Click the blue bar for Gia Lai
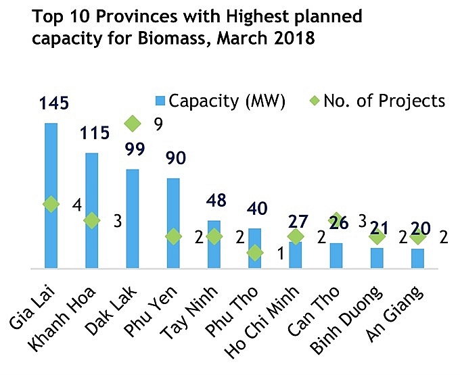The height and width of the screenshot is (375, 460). (x=51, y=196)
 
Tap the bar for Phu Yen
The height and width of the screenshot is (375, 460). (x=173, y=223)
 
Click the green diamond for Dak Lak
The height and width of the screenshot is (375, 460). (x=133, y=124)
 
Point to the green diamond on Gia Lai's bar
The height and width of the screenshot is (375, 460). (x=51, y=205)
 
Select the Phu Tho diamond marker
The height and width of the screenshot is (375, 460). (x=254, y=253)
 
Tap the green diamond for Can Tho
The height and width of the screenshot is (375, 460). (x=336, y=220)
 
